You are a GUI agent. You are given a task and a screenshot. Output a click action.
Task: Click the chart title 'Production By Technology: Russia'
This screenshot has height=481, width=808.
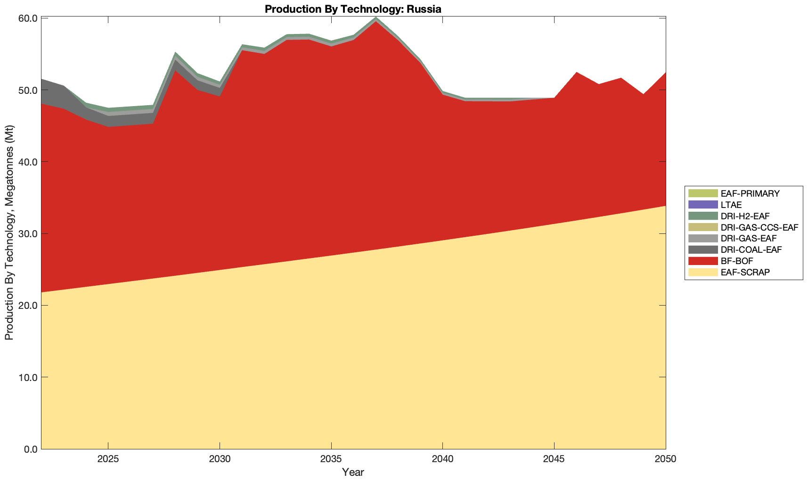353,9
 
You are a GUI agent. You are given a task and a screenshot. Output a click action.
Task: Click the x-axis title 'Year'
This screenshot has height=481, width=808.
353,472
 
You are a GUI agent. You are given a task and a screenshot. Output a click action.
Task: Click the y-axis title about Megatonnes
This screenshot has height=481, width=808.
9,232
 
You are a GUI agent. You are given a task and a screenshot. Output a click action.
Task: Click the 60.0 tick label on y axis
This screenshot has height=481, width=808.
28,18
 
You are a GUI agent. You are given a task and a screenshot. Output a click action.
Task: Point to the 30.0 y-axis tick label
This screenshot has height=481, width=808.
28,234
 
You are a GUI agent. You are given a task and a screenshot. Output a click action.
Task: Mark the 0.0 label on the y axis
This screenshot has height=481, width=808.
30,449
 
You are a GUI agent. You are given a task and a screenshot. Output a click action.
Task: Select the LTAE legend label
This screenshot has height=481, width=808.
731,205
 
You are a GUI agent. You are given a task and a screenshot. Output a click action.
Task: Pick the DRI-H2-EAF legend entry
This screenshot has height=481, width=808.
745,216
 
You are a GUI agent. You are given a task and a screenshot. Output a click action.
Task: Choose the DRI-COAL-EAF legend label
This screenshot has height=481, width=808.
751,249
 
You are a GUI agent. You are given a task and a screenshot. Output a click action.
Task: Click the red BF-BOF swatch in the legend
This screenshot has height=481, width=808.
703,261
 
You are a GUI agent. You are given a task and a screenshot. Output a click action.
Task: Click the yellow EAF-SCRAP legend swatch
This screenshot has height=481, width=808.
703,272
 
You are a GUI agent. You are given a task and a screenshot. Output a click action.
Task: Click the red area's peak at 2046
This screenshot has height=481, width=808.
576,74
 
